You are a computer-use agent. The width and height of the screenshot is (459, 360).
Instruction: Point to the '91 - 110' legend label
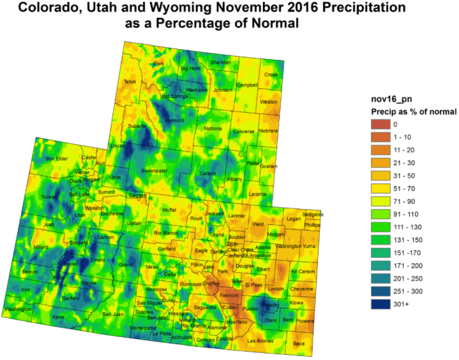pos(405,214)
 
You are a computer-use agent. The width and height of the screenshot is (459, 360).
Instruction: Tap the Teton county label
pos(129,81)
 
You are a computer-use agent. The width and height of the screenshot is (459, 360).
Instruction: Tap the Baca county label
pos(299,343)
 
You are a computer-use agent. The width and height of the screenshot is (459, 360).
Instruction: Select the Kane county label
pos(59,317)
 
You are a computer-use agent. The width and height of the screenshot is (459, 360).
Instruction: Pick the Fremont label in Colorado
pos(229,296)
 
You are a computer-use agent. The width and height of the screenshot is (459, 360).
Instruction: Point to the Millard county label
pos(41,247)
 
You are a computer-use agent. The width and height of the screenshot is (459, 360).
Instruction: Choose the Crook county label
pos(271,74)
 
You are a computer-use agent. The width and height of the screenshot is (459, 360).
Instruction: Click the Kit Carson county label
pos(303,271)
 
